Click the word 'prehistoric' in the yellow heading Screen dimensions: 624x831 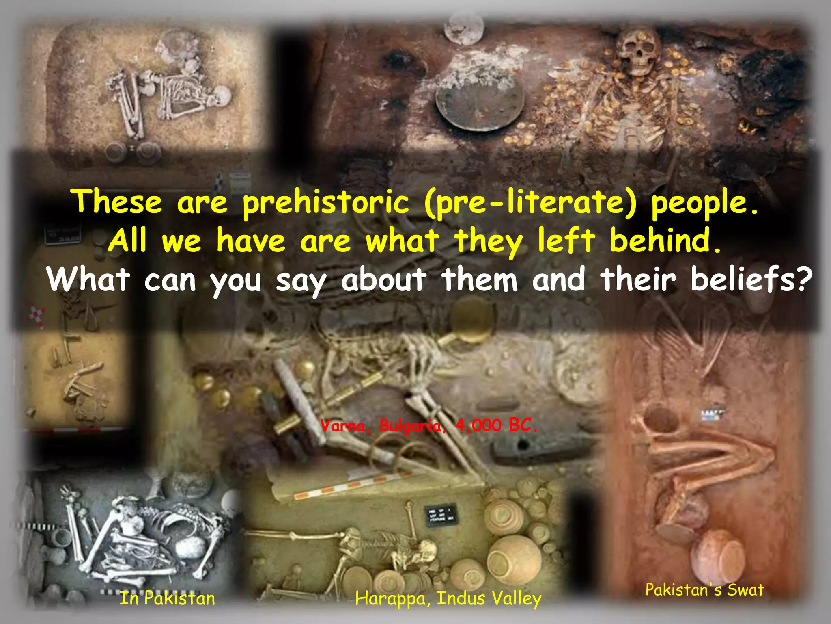(x=325, y=202)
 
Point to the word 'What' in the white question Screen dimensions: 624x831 (x=88, y=279)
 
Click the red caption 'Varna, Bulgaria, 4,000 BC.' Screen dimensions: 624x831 (x=429, y=426)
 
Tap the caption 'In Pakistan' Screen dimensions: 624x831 (x=167, y=598)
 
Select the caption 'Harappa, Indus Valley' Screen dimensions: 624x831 (x=448, y=599)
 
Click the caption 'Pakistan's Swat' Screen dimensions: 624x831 (x=705, y=589)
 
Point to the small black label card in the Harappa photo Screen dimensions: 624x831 (x=441, y=515)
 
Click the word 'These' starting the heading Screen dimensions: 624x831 (x=117, y=202)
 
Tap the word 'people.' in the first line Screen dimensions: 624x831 (x=704, y=202)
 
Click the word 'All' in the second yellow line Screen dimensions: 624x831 (x=127, y=240)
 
